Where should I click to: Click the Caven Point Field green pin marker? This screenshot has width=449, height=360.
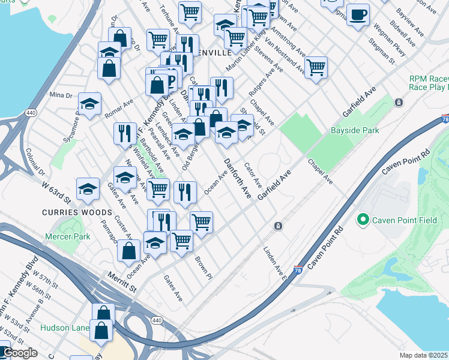363,220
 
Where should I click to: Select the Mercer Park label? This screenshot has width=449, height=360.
68,236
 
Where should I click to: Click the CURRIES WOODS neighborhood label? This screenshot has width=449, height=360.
77,212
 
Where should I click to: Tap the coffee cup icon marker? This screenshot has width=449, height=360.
358,15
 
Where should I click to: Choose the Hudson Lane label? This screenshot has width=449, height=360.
65,328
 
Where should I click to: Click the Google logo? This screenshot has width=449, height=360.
19,353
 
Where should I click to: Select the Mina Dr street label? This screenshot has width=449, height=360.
61,95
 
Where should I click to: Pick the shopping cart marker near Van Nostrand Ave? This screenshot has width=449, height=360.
316,67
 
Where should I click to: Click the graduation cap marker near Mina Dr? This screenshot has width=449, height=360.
89,104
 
